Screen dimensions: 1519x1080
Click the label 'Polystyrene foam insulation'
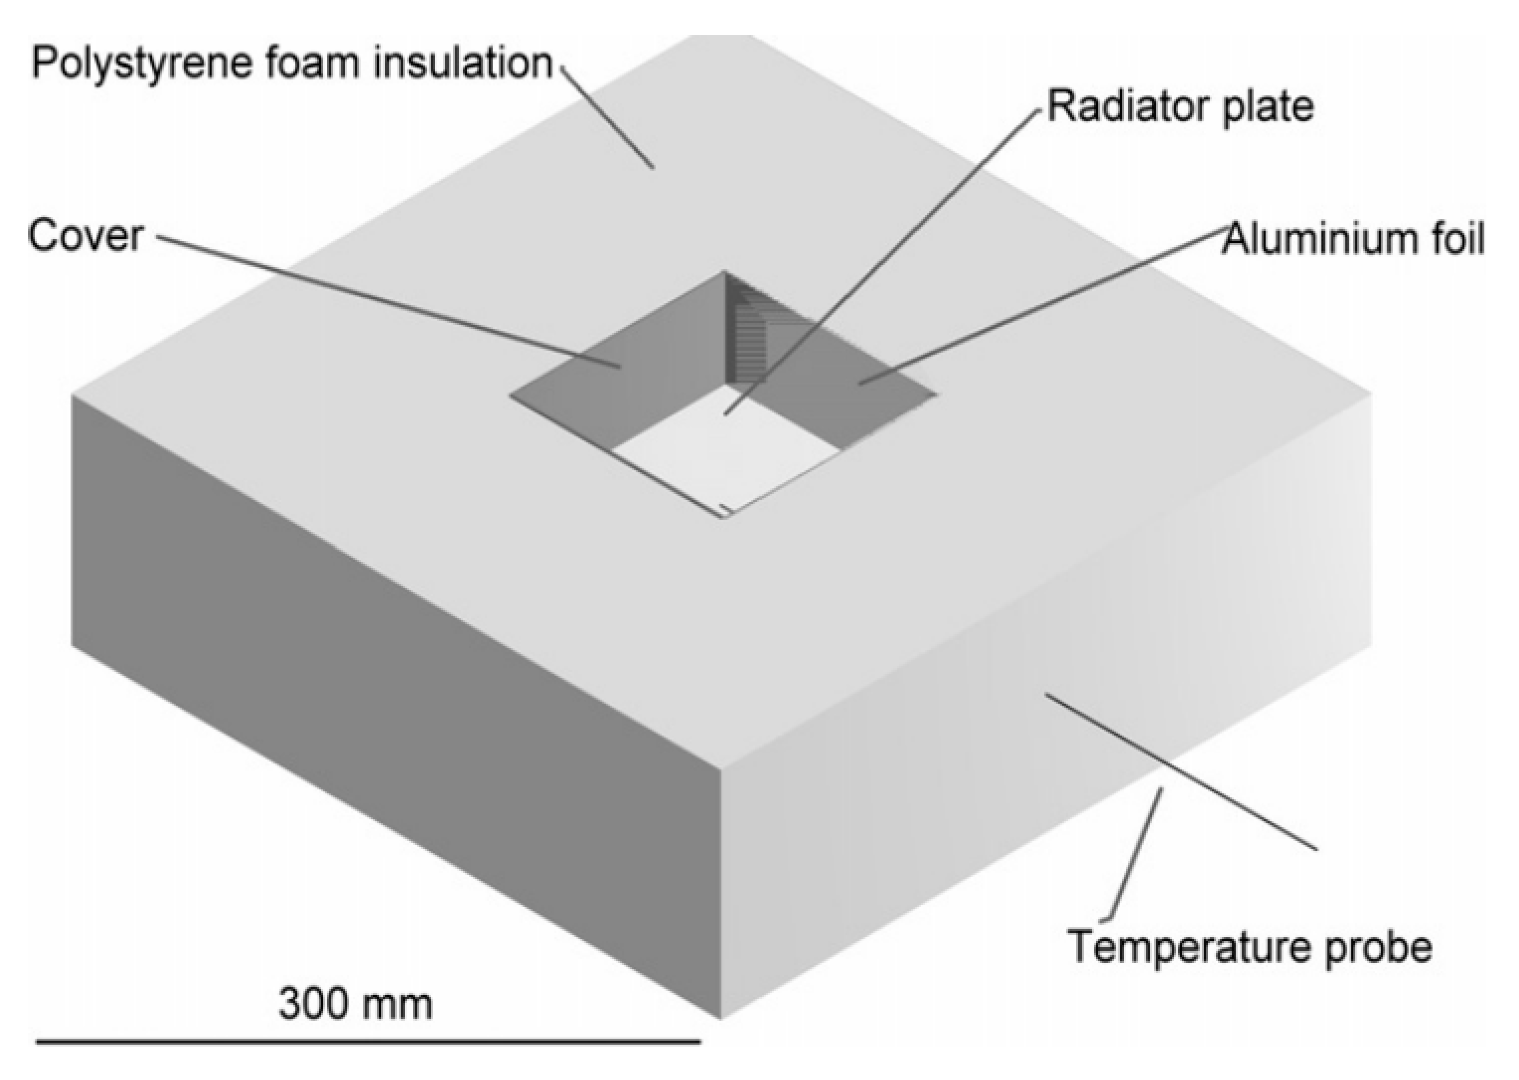[x=292, y=65]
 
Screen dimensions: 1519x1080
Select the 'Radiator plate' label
[x=1179, y=107]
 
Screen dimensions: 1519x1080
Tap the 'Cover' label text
[x=85, y=236]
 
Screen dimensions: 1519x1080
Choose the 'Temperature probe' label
[x=1250, y=946]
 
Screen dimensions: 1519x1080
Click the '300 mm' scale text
[x=355, y=1002]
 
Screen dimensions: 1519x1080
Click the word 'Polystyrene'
[x=137, y=65]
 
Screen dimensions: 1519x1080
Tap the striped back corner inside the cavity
[x=750, y=334]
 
